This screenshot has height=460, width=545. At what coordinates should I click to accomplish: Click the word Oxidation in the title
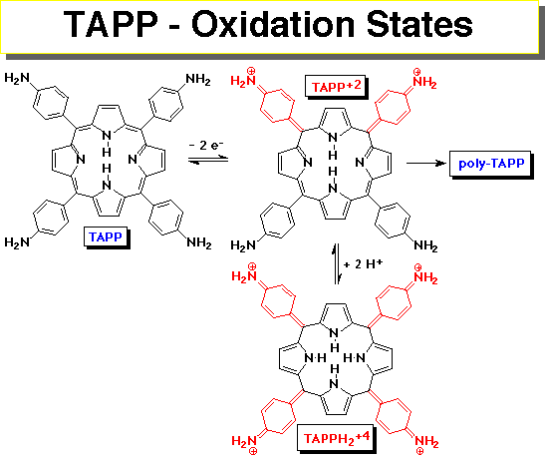(x=273, y=24)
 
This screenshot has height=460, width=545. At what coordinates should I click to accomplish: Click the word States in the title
(x=419, y=24)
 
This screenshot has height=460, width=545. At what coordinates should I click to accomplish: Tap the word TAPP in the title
(x=111, y=24)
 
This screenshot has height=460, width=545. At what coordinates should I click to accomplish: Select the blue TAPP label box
(x=106, y=236)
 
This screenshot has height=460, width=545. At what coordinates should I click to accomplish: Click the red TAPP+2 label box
(x=336, y=87)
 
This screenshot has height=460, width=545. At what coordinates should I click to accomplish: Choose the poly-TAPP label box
(x=491, y=164)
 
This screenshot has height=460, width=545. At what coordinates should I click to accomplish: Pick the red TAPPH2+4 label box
(x=336, y=438)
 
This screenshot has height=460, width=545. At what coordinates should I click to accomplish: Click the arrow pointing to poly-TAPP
(x=426, y=163)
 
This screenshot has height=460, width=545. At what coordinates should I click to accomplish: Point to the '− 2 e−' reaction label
(x=206, y=145)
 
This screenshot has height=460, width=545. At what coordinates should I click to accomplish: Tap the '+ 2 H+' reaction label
(x=363, y=264)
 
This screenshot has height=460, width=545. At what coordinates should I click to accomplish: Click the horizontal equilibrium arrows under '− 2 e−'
(x=208, y=160)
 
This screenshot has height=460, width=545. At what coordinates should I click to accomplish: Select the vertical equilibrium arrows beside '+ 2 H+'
(x=337, y=264)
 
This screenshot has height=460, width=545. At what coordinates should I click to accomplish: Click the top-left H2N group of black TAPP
(x=17, y=78)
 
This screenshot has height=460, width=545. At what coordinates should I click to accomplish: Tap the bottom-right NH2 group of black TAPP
(x=199, y=242)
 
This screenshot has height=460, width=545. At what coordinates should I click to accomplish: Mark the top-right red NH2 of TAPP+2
(x=424, y=80)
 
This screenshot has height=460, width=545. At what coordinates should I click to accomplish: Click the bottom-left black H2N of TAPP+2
(x=243, y=245)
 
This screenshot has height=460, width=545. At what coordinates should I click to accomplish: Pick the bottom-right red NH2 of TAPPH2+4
(x=426, y=444)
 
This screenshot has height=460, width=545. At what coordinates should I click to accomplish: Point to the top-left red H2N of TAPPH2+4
(x=245, y=273)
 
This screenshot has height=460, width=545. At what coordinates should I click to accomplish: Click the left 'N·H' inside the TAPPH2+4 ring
(x=315, y=357)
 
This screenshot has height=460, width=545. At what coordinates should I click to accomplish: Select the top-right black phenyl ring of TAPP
(x=165, y=104)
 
